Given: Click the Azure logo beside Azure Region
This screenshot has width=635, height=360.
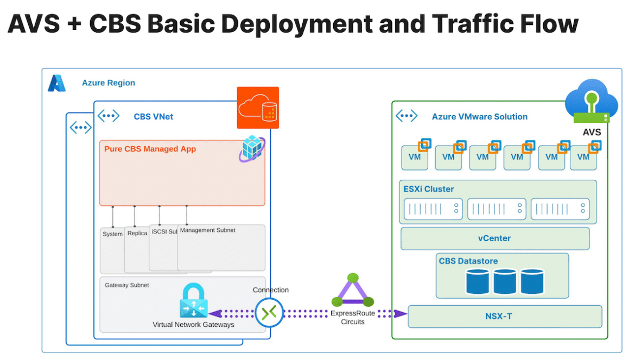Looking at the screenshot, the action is click(56, 83).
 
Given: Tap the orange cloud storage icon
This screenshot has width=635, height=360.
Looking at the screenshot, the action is click(258, 108).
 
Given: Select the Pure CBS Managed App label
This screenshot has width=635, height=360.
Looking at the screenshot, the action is click(150, 149).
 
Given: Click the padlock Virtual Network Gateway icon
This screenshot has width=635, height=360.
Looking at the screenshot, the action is click(194, 300).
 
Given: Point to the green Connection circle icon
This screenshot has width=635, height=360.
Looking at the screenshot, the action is click(269, 313).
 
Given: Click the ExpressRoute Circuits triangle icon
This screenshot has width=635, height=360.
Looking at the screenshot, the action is click(353, 290).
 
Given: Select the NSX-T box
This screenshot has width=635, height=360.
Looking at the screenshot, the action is click(505, 316).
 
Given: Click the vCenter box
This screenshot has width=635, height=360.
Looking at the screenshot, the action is click(495, 238).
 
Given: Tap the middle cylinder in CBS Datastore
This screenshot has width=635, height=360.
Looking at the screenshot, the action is click(505, 281).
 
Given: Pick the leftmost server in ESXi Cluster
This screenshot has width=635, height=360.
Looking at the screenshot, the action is click(433, 209).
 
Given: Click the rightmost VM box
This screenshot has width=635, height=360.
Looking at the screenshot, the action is click(583, 157).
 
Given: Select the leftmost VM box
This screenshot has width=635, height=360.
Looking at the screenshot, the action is click(415, 157).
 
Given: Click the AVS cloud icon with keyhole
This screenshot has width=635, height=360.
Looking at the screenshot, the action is click(592, 101).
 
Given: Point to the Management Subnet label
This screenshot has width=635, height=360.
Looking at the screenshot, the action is click(208, 230).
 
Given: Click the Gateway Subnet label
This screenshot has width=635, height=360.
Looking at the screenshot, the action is click(127, 285).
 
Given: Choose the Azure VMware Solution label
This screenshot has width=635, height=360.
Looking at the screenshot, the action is click(480, 117).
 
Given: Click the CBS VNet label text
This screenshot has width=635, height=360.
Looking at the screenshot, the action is click(154, 117).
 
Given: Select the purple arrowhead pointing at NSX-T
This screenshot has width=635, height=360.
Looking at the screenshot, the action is click(400, 313).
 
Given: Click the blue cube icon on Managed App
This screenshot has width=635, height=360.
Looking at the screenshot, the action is click(252, 149).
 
